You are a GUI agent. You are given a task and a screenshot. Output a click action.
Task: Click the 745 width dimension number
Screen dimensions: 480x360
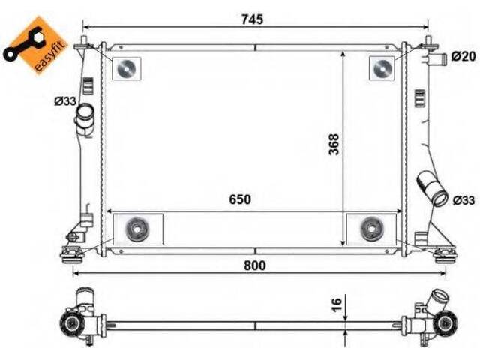tap(252, 19)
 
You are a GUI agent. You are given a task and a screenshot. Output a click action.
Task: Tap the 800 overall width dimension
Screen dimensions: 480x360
tap(255, 265)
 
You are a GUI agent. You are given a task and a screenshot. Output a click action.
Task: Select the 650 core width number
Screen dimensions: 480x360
tap(240, 199)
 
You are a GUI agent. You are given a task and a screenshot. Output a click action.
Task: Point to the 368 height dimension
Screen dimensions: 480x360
tap(334, 144)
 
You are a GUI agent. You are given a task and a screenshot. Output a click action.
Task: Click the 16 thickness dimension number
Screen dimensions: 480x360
tap(337, 304)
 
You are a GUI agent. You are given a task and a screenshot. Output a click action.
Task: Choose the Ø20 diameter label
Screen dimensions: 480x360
tap(463, 56)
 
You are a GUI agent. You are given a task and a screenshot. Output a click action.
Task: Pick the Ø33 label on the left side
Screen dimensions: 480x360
tap(65, 100)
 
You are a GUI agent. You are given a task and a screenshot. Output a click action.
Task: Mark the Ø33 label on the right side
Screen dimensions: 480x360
tap(463, 200)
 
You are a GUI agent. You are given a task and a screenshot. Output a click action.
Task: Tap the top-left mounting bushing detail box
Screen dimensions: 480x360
tap(127, 68)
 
